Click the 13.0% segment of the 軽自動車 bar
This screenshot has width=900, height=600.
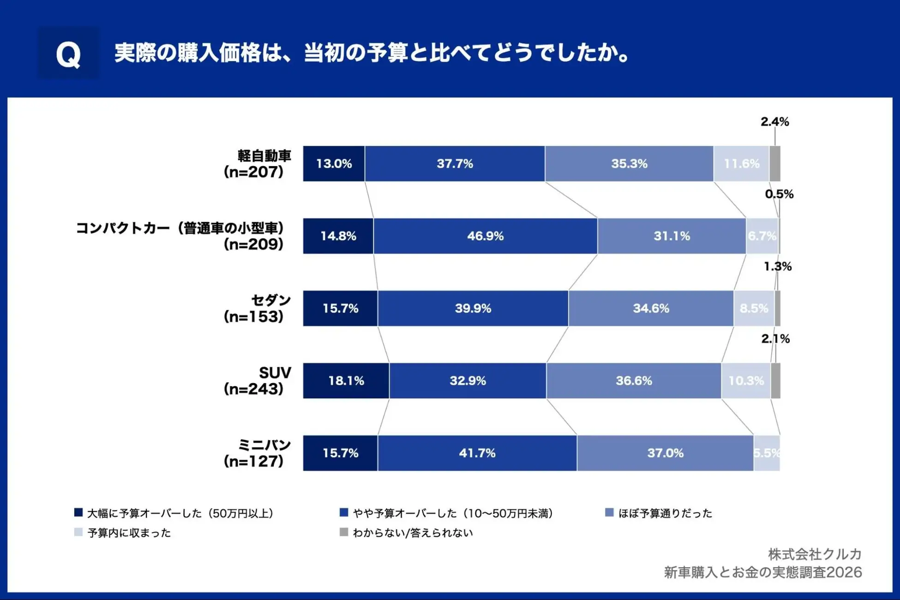coord(334,164)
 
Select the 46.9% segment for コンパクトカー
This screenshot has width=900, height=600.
coord(485,236)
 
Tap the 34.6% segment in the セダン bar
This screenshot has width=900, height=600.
coord(651,308)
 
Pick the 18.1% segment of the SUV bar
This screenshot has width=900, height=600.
coord(346,381)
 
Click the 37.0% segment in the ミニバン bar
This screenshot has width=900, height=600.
coord(665,453)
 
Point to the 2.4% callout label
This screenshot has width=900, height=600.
coord(774,122)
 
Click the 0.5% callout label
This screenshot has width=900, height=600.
coord(779,194)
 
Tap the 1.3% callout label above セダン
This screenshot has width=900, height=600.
coord(778,267)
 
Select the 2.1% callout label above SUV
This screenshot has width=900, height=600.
coord(775,339)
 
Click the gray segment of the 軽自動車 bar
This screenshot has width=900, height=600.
coord(775,164)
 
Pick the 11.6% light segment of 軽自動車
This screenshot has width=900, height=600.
coord(741,164)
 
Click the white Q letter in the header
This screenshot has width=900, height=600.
coord(68,55)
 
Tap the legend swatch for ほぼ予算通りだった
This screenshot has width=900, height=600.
coord(609,513)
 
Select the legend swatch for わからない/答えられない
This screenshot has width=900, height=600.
coord(343,532)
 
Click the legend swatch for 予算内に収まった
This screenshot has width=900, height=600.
coord(78,532)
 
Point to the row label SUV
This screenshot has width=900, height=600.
coord(275,373)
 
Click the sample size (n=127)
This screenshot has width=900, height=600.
coord(253,461)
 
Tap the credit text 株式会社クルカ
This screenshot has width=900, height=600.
coord(815,554)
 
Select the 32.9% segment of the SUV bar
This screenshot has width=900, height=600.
coord(468,381)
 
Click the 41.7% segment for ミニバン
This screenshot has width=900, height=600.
coord(477,453)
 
